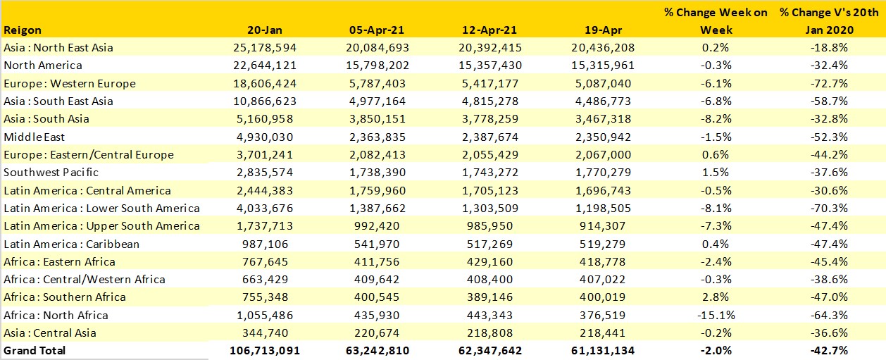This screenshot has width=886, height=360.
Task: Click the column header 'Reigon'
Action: [23, 30]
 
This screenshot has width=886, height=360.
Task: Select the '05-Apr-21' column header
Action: [376, 30]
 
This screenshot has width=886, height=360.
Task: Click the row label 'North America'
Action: [43, 66]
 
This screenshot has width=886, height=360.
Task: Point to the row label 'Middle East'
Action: [35, 137]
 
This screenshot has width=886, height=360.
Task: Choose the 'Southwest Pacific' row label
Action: [51, 173]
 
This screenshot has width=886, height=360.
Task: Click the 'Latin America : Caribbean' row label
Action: [72, 244]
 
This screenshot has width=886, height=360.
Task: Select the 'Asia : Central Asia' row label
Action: [50, 333]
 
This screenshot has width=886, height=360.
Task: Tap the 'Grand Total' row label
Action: [35, 350]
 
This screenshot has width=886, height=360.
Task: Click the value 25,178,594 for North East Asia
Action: [265, 48]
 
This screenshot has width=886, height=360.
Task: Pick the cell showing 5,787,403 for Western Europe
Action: [376, 83]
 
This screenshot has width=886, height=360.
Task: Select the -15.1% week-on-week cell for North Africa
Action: [716, 315]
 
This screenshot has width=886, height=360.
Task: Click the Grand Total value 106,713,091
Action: [265, 350]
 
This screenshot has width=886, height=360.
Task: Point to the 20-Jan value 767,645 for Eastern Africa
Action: [265, 261]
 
